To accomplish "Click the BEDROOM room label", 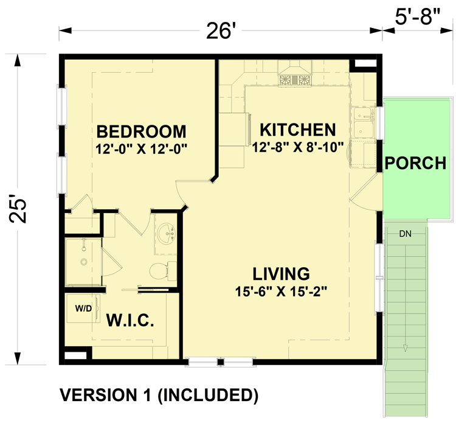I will [140, 131].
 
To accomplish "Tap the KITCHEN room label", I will [297, 130].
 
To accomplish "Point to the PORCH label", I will [416, 163].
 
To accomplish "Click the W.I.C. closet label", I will [129, 320].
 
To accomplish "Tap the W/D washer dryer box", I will [83, 309].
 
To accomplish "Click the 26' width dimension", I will [220, 30].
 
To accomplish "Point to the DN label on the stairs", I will [406, 234].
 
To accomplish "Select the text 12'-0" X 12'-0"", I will [140, 148].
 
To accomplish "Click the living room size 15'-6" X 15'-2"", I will [281, 291].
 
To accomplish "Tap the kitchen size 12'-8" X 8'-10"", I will [297, 146].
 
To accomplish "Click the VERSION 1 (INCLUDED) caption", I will [158, 395].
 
